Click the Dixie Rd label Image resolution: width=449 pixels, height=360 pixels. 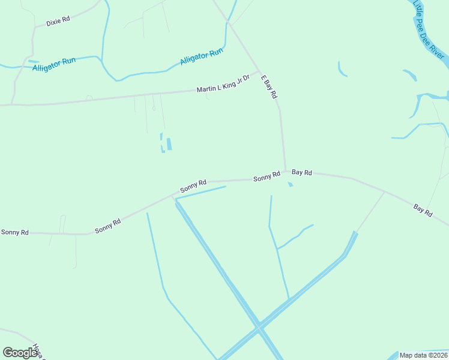tap(58, 19)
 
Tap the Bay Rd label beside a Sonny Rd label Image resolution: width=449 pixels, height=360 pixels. tap(302, 172)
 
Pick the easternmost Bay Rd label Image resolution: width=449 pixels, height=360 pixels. tap(423, 210)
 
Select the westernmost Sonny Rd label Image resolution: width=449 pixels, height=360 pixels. tap(14, 232)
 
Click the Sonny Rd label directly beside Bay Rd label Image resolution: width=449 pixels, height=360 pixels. tap(267, 176)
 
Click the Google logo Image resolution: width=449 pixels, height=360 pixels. tap(19, 353)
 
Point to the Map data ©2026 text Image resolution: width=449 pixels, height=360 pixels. tap(424, 355)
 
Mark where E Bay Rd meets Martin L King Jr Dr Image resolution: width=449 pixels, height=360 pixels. tap(259, 71)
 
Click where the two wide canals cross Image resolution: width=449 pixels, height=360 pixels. tap(259, 328)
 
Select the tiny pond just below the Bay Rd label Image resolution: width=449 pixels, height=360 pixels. tap(291, 184)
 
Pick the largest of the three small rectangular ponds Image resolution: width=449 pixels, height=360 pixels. tap(169, 144)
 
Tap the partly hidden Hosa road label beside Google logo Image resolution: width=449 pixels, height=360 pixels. tap(39, 350)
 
